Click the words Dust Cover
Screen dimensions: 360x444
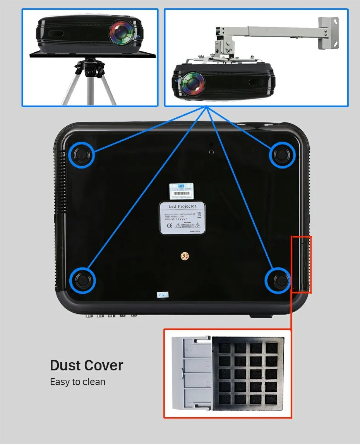86,365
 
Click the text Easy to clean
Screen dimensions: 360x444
77,382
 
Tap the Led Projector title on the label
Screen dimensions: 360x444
183,207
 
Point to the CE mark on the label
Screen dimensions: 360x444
169,225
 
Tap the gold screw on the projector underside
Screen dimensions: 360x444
185,256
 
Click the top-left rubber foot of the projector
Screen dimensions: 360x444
81,155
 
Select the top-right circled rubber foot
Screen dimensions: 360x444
282,155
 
